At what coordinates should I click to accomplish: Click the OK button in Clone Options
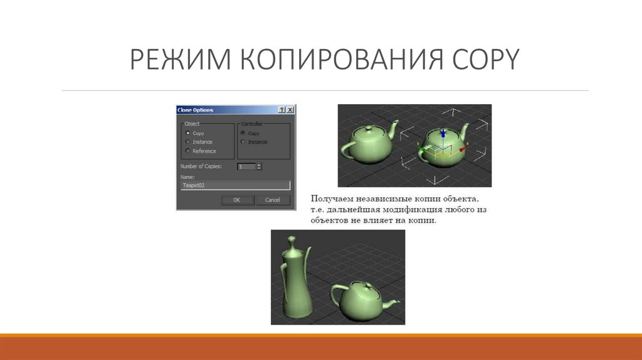click(x=237, y=200)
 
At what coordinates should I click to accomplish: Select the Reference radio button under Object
click(x=187, y=151)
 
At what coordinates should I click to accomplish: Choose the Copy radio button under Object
click(x=187, y=133)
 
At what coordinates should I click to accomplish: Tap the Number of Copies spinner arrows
click(x=259, y=166)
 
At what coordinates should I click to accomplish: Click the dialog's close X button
click(x=290, y=110)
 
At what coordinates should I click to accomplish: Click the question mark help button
click(x=282, y=110)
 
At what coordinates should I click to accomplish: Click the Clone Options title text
click(x=196, y=110)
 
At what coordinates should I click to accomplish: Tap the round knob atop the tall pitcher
click(x=291, y=239)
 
